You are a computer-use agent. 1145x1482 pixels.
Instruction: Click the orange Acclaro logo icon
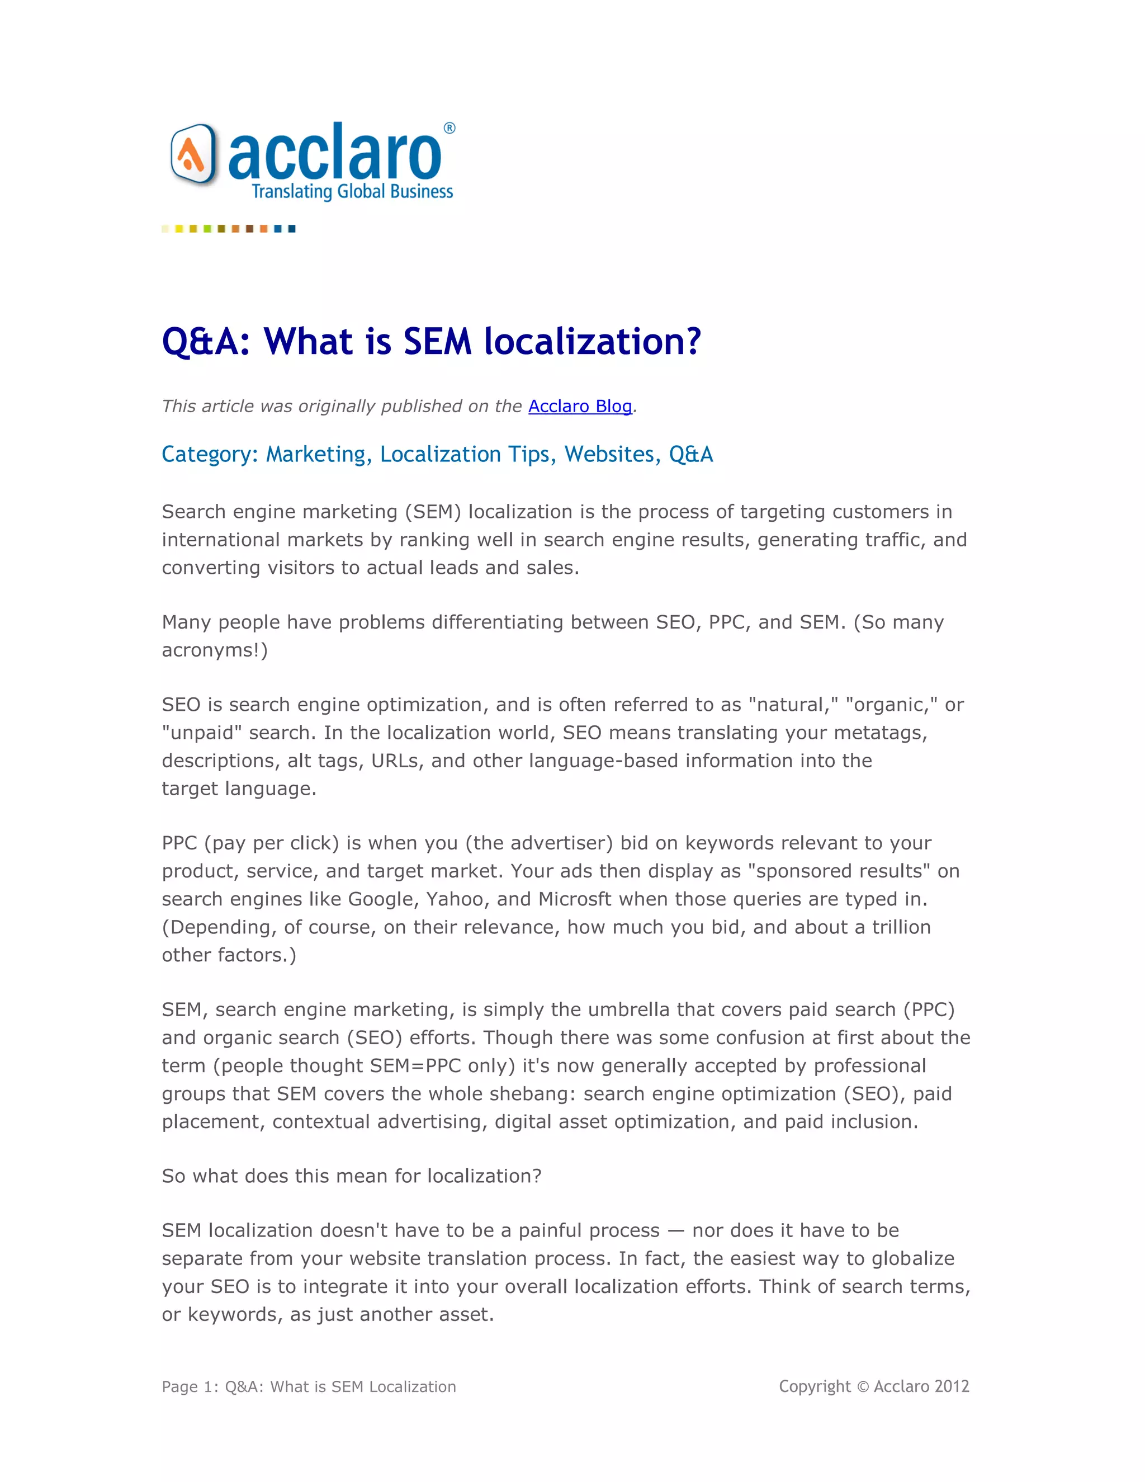point(192,155)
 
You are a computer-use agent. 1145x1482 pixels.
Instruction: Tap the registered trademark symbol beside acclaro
point(449,128)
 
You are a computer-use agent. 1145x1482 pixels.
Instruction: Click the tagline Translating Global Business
point(352,192)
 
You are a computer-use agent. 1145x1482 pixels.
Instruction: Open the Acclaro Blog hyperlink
point(580,406)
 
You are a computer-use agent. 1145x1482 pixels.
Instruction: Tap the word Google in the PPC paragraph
point(381,899)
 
